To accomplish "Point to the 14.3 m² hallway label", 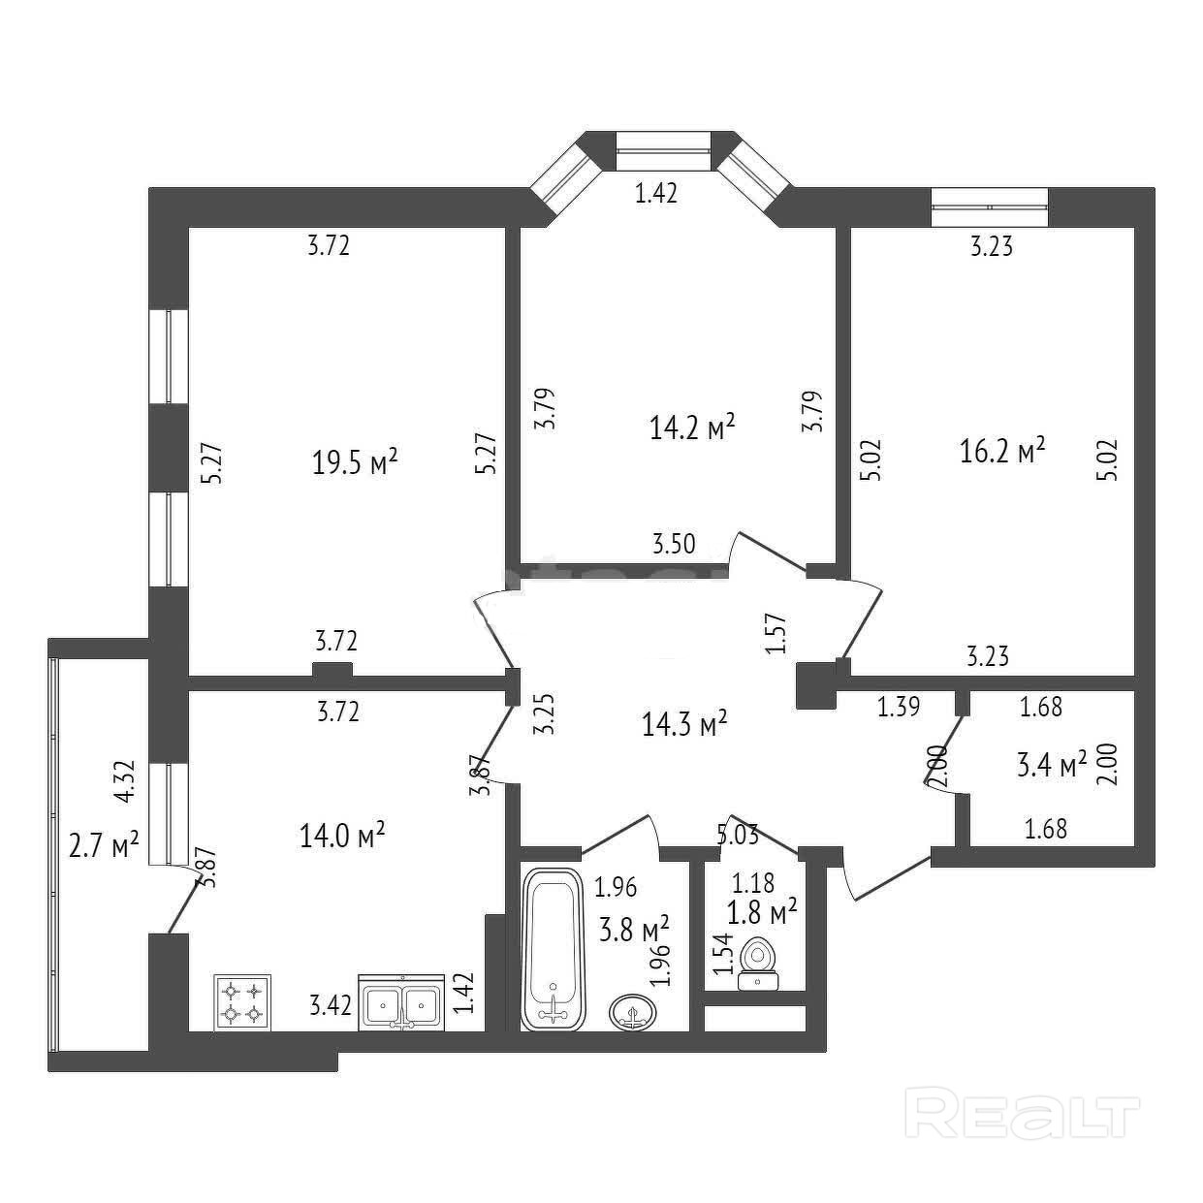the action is pyautogui.click(x=684, y=723).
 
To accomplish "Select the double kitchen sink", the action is pyautogui.click(x=401, y=1002).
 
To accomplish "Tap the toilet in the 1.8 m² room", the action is pyautogui.click(x=758, y=964).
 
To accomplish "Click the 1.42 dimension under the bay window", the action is pyautogui.click(x=655, y=194).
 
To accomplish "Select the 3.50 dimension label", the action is pyautogui.click(x=674, y=544).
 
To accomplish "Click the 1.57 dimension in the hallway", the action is pyautogui.click(x=774, y=633).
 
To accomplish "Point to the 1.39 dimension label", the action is pyautogui.click(x=898, y=708).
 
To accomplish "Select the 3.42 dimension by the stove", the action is pyautogui.click(x=330, y=1004).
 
